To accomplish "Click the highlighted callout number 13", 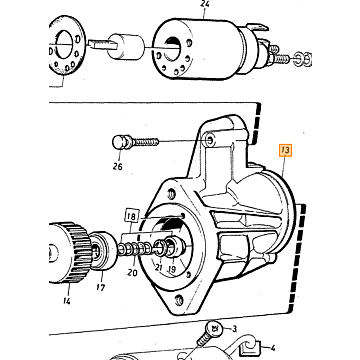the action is click(285, 151).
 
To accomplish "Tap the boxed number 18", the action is click(132, 217).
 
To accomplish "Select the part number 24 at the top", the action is click(205, 4).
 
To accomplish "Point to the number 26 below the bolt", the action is click(117, 166).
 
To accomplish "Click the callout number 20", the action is click(132, 273).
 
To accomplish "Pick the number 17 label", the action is click(101, 287).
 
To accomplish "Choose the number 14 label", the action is click(66, 301).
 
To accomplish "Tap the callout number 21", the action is click(158, 267).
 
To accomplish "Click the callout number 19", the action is click(171, 269).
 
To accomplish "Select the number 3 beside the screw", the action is click(234, 329).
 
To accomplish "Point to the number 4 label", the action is click(273, 349).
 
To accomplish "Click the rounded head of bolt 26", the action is click(118, 143).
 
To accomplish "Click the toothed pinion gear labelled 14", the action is click(69, 252).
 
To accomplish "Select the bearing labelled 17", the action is click(102, 250).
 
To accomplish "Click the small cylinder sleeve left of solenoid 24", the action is click(126, 46).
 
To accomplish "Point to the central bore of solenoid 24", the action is click(172, 49).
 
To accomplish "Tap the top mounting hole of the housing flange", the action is click(172, 193).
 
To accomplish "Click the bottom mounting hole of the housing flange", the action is click(179, 300).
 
